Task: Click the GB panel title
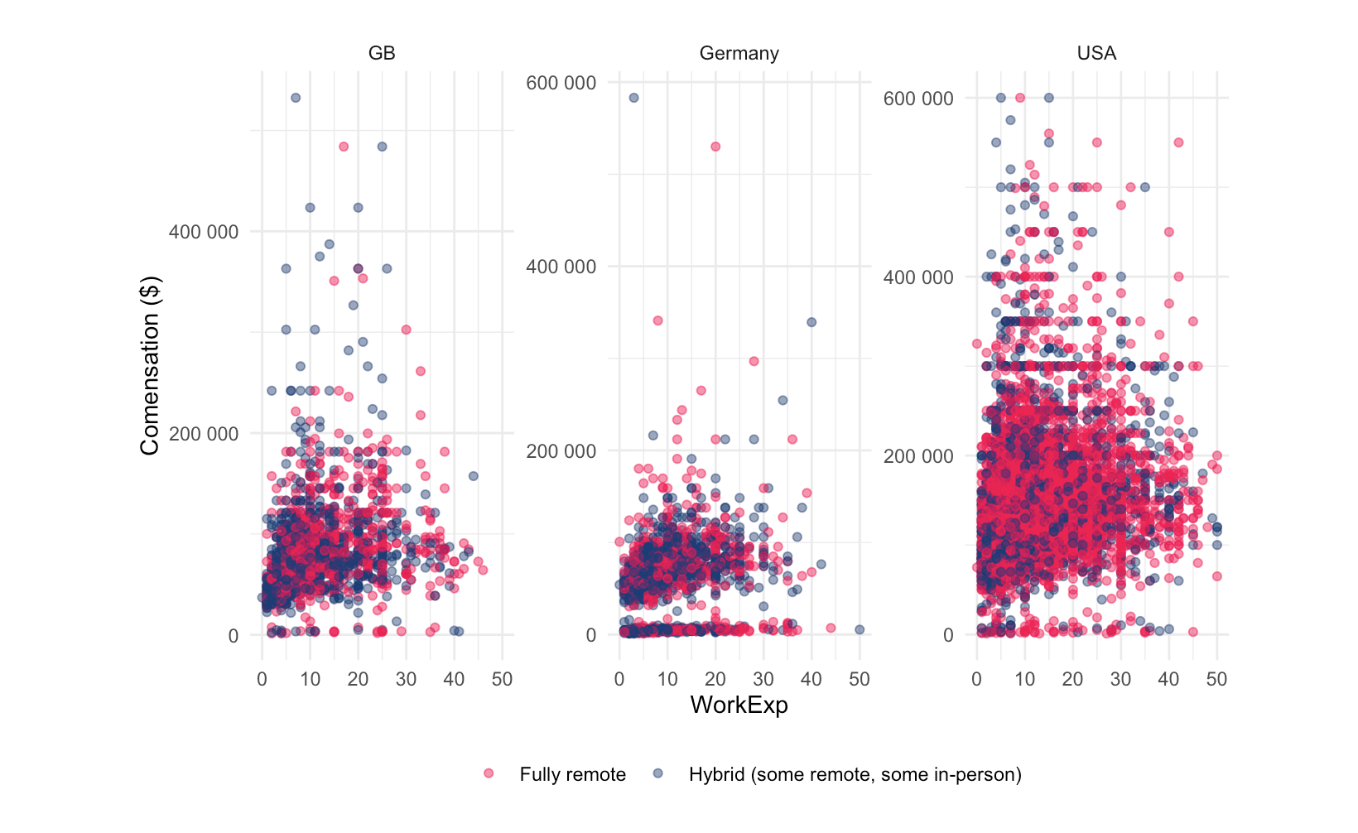pyautogui.click(x=382, y=54)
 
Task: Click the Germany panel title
pyautogui.click(x=739, y=54)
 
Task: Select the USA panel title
pyautogui.click(x=1096, y=54)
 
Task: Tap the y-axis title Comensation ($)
pyautogui.click(x=150, y=366)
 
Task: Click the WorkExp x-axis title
pyautogui.click(x=739, y=705)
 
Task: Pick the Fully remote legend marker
pyautogui.click(x=489, y=773)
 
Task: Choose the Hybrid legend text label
pyautogui.click(x=855, y=774)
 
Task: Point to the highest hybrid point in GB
pyautogui.click(x=296, y=98)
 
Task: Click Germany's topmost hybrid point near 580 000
pyautogui.click(x=633, y=98)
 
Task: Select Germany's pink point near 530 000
pyautogui.click(x=715, y=147)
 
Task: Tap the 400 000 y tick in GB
pyautogui.click(x=203, y=232)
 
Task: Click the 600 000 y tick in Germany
pyautogui.click(x=561, y=83)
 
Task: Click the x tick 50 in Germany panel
pyautogui.click(x=860, y=680)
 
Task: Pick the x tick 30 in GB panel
pyautogui.click(x=406, y=680)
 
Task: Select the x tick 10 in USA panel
pyautogui.click(x=1024, y=680)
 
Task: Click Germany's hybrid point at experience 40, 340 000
pyautogui.click(x=811, y=322)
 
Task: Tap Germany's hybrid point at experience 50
pyautogui.click(x=860, y=629)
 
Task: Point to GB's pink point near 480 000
pyautogui.click(x=344, y=147)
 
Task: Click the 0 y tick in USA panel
pyautogui.click(x=948, y=635)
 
